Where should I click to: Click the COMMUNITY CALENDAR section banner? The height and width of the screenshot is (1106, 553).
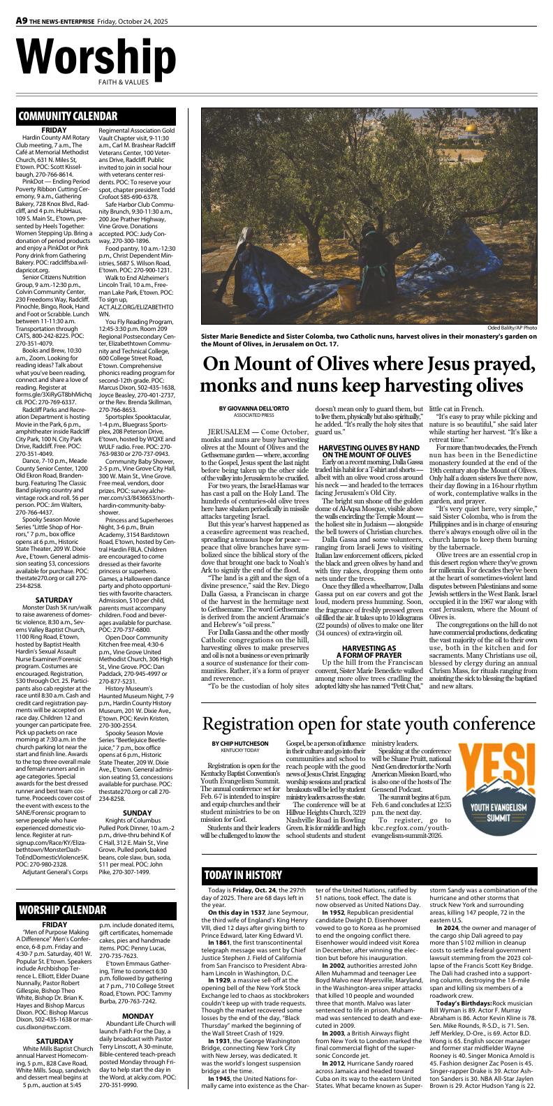(x=68, y=116)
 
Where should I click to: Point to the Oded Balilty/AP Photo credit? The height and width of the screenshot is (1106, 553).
(x=512, y=327)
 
